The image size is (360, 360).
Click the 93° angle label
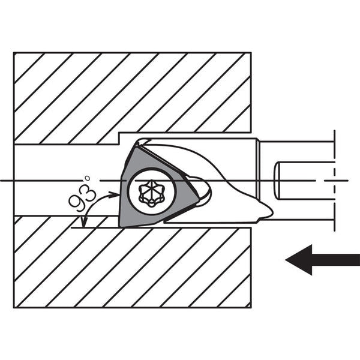[82, 194]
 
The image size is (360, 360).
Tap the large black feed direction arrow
[322, 260]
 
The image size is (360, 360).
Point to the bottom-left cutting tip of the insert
[120, 226]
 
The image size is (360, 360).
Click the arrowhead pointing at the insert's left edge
[115, 194]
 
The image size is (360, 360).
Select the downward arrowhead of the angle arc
[85, 222]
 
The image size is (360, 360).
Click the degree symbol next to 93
[87, 178]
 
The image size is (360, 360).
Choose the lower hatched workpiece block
[133, 262]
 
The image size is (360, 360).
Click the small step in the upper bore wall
[119, 139]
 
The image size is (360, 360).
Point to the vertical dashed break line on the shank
[335, 181]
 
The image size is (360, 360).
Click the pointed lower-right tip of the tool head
[271, 212]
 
